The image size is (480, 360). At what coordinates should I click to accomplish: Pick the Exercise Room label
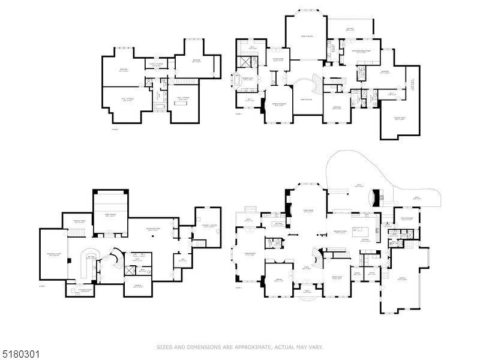pyautogui.click(x=78, y=221)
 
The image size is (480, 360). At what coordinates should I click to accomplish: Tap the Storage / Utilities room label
pyautogui.click(x=208, y=227)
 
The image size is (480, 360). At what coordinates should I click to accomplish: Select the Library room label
pyautogui.click(x=279, y=280)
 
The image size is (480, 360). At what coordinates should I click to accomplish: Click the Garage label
pyautogui.click(x=402, y=280)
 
